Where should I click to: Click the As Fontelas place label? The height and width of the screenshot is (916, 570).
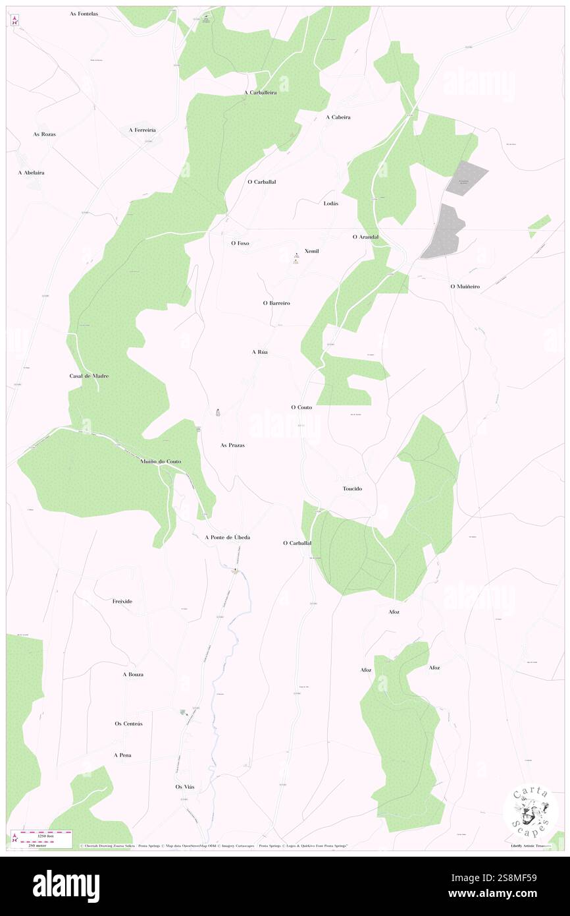coord(84,13)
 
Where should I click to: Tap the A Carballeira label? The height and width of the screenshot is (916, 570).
coord(260,93)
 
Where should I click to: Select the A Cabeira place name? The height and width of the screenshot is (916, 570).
coord(338,117)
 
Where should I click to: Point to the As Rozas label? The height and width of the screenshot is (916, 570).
coord(45,134)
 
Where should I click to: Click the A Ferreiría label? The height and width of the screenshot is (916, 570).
coord(142,130)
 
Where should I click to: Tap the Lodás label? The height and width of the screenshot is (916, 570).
coord(331,204)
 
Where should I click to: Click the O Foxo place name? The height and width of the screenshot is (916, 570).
coord(240,243)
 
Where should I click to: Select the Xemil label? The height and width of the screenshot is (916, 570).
coord(312,252)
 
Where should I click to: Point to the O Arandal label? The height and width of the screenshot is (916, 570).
coord(365,237)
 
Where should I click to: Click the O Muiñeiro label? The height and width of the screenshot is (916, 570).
coord(465,287)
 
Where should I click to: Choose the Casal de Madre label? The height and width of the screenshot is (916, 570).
coord(89,376)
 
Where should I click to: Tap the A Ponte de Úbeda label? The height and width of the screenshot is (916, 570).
coord(227,538)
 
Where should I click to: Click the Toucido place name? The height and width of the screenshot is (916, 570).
coord(352,489)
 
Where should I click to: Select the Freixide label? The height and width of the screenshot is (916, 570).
coord(122,602)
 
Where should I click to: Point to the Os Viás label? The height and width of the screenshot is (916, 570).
coord(185,787)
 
